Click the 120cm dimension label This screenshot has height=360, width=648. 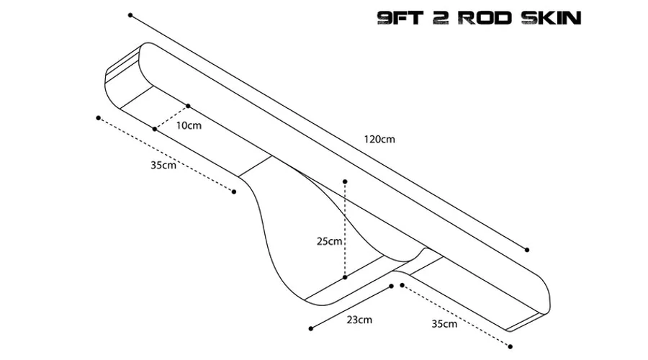pos(379,139)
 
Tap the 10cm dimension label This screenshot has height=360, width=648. pos(189,125)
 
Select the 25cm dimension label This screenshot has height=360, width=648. pos(329,241)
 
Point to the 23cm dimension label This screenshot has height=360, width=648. pos(359,320)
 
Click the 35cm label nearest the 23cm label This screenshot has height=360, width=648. pos(444,323)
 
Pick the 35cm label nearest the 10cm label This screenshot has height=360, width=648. pos(163,165)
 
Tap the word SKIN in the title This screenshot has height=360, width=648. pos(551,18)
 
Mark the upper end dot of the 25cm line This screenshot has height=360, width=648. pos(345,181)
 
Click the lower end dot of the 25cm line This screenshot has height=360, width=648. pos(345,277)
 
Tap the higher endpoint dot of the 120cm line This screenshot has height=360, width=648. pos(130,15)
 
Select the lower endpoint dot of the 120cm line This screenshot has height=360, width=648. pos(527,250)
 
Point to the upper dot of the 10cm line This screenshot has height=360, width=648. pos(188,106)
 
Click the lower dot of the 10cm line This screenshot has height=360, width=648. pos(155,129)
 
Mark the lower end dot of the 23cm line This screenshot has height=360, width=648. pos(311,328)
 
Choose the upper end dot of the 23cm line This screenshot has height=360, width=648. pos(392,286)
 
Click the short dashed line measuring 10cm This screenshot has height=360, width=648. pos(171,117)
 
